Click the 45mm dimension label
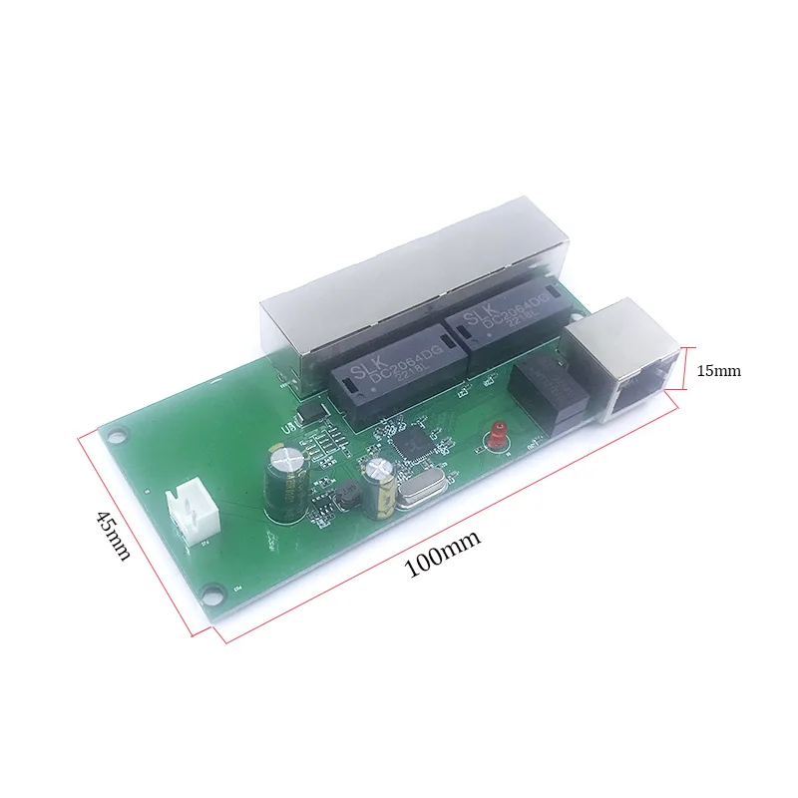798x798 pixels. (x=112, y=536)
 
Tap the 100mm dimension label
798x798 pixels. (x=442, y=554)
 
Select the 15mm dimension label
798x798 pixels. (x=718, y=371)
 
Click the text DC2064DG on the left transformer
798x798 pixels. (x=382, y=373)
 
